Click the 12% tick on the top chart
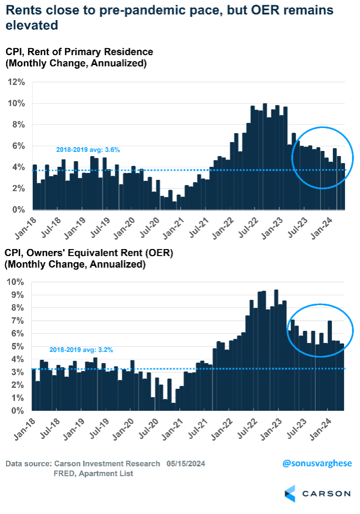click(16, 82)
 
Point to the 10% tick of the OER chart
click(14, 282)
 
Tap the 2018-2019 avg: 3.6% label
click(82, 150)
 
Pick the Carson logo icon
click(290, 493)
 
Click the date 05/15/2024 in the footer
click(184, 464)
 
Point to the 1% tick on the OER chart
click(16, 398)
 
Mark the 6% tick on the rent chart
click(18, 146)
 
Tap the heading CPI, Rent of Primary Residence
click(79, 52)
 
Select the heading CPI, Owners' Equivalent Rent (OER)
click(89, 253)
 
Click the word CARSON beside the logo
click(326, 493)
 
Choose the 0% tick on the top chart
click(18, 210)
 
